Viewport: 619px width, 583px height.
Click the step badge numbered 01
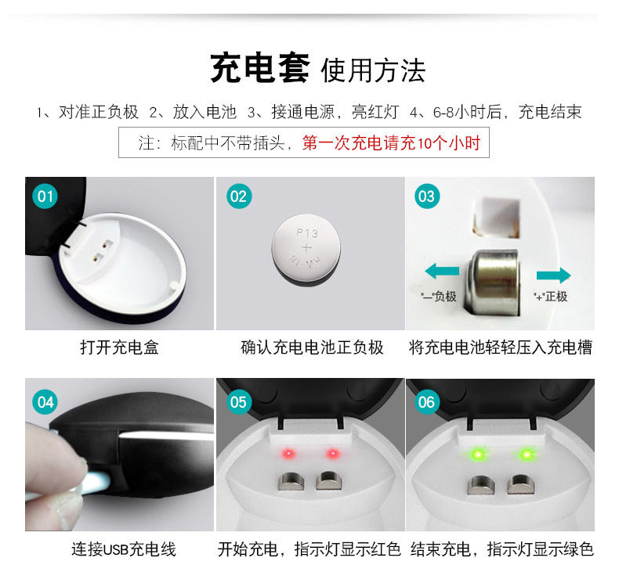[x=46, y=196]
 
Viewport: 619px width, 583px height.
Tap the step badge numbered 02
[x=237, y=196]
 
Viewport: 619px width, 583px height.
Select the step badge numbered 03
[x=426, y=196]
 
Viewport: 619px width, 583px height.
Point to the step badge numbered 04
[x=46, y=402]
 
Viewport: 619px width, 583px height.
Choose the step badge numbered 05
[x=237, y=402]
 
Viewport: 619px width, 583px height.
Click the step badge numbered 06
[x=426, y=402]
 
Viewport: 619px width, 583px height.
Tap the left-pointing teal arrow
[x=442, y=272]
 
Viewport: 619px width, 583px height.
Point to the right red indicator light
[x=332, y=454]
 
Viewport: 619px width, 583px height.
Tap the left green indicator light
[x=476, y=454]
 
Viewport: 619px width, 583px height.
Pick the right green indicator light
[x=523, y=454]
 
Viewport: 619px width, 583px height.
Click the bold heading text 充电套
[x=262, y=70]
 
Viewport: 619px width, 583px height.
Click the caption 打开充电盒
[x=119, y=347]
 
